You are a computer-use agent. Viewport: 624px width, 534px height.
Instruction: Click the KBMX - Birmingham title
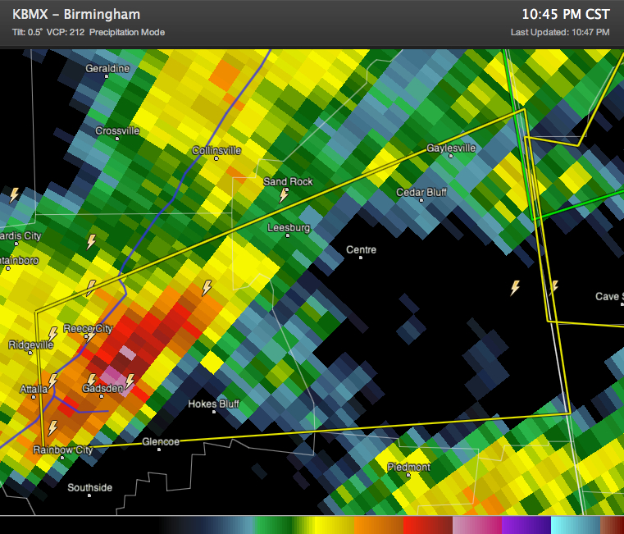pyautogui.click(x=76, y=15)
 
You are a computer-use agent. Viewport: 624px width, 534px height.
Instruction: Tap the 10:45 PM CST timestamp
pyautogui.click(x=566, y=15)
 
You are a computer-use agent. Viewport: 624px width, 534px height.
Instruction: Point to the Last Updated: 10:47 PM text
pyautogui.click(x=560, y=32)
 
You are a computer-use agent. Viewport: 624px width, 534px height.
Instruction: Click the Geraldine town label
pyautogui.click(x=107, y=69)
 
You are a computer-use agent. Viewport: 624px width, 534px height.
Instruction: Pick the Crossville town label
pyautogui.click(x=117, y=131)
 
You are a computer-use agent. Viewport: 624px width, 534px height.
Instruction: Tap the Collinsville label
pyautogui.click(x=216, y=151)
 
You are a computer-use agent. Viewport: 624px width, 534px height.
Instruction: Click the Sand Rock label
pyautogui.click(x=288, y=182)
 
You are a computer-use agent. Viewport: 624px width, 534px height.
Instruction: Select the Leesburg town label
pyautogui.click(x=289, y=228)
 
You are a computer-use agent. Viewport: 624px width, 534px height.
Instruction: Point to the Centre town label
pyautogui.click(x=361, y=249)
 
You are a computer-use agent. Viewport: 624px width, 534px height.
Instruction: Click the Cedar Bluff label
pyautogui.click(x=421, y=193)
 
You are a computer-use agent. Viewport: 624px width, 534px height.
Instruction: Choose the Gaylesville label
pyautogui.click(x=451, y=148)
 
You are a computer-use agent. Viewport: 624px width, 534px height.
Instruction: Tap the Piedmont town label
pyautogui.click(x=408, y=468)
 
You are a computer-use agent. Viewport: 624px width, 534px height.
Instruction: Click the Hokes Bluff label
pyautogui.click(x=213, y=404)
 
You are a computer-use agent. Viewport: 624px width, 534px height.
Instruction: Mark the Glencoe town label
pyautogui.click(x=161, y=442)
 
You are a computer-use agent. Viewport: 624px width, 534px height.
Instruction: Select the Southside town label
pyautogui.click(x=89, y=488)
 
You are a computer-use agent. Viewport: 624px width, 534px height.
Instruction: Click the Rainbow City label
pyautogui.click(x=62, y=450)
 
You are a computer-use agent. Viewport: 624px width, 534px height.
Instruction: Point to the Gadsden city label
pyautogui.click(x=102, y=388)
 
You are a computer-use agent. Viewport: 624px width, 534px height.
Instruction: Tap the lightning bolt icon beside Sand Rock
pyautogui.click(x=284, y=195)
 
